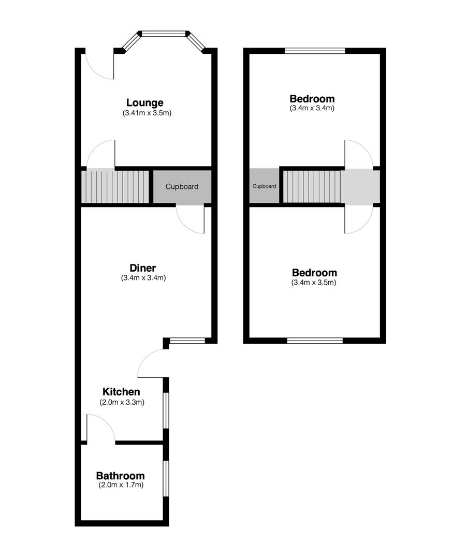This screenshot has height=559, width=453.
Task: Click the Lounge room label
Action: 144,102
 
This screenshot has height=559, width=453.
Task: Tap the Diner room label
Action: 142,268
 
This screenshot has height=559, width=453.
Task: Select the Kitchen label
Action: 121,392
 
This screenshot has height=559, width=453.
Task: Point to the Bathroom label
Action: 120,476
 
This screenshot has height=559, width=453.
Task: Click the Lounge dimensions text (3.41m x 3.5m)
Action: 147,113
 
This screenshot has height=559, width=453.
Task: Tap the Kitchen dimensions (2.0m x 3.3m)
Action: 121,402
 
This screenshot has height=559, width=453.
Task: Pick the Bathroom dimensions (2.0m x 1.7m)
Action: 121,485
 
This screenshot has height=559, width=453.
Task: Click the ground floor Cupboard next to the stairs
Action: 182,187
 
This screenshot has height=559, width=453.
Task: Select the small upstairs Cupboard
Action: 264,186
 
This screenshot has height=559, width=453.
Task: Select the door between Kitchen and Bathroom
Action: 101,429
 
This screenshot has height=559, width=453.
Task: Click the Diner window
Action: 187,341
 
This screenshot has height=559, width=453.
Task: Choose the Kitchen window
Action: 166,410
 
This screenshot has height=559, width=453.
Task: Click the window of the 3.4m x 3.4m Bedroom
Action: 315,50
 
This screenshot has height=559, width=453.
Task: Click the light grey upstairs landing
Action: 360,186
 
